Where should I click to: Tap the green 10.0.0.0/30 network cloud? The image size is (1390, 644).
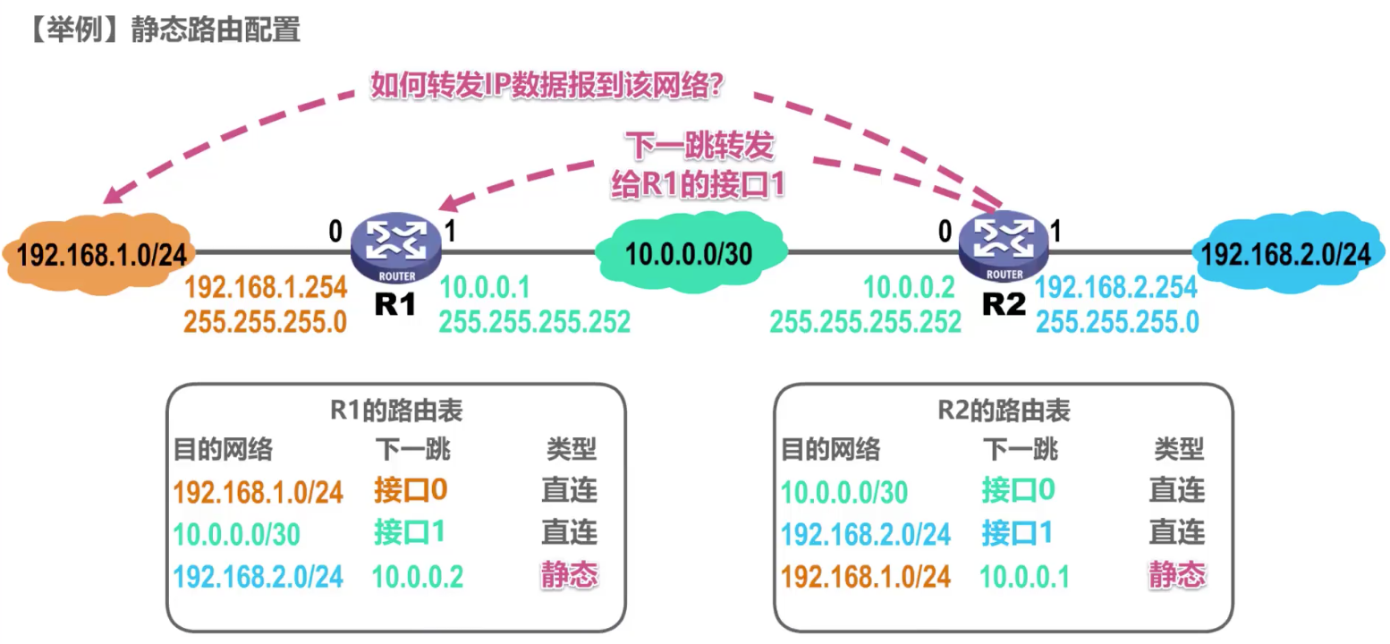[x=688, y=254]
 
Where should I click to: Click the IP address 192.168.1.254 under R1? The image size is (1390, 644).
[x=265, y=288]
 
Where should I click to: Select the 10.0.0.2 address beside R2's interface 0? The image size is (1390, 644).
[x=909, y=288]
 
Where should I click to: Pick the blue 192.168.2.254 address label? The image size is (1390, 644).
[x=1116, y=288]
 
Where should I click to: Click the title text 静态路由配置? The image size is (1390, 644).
[x=215, y=30]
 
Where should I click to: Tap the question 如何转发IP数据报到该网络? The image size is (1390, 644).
[x=547, y=87]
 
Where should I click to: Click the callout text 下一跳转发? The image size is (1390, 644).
[x=698, y=145]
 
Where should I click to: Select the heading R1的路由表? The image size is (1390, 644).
[x=395, y=411]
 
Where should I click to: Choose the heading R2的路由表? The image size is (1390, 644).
[x=1004, y=411]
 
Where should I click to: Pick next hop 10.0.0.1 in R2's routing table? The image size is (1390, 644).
[x=1024, y=577]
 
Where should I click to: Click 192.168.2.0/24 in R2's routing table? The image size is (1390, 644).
[x=866, y=534]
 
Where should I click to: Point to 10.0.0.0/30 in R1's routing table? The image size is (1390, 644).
[x=236, y=534]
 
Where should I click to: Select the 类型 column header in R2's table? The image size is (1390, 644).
[x=1179, y=448]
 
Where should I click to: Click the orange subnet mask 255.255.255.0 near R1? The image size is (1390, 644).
[x=265, y=321]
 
